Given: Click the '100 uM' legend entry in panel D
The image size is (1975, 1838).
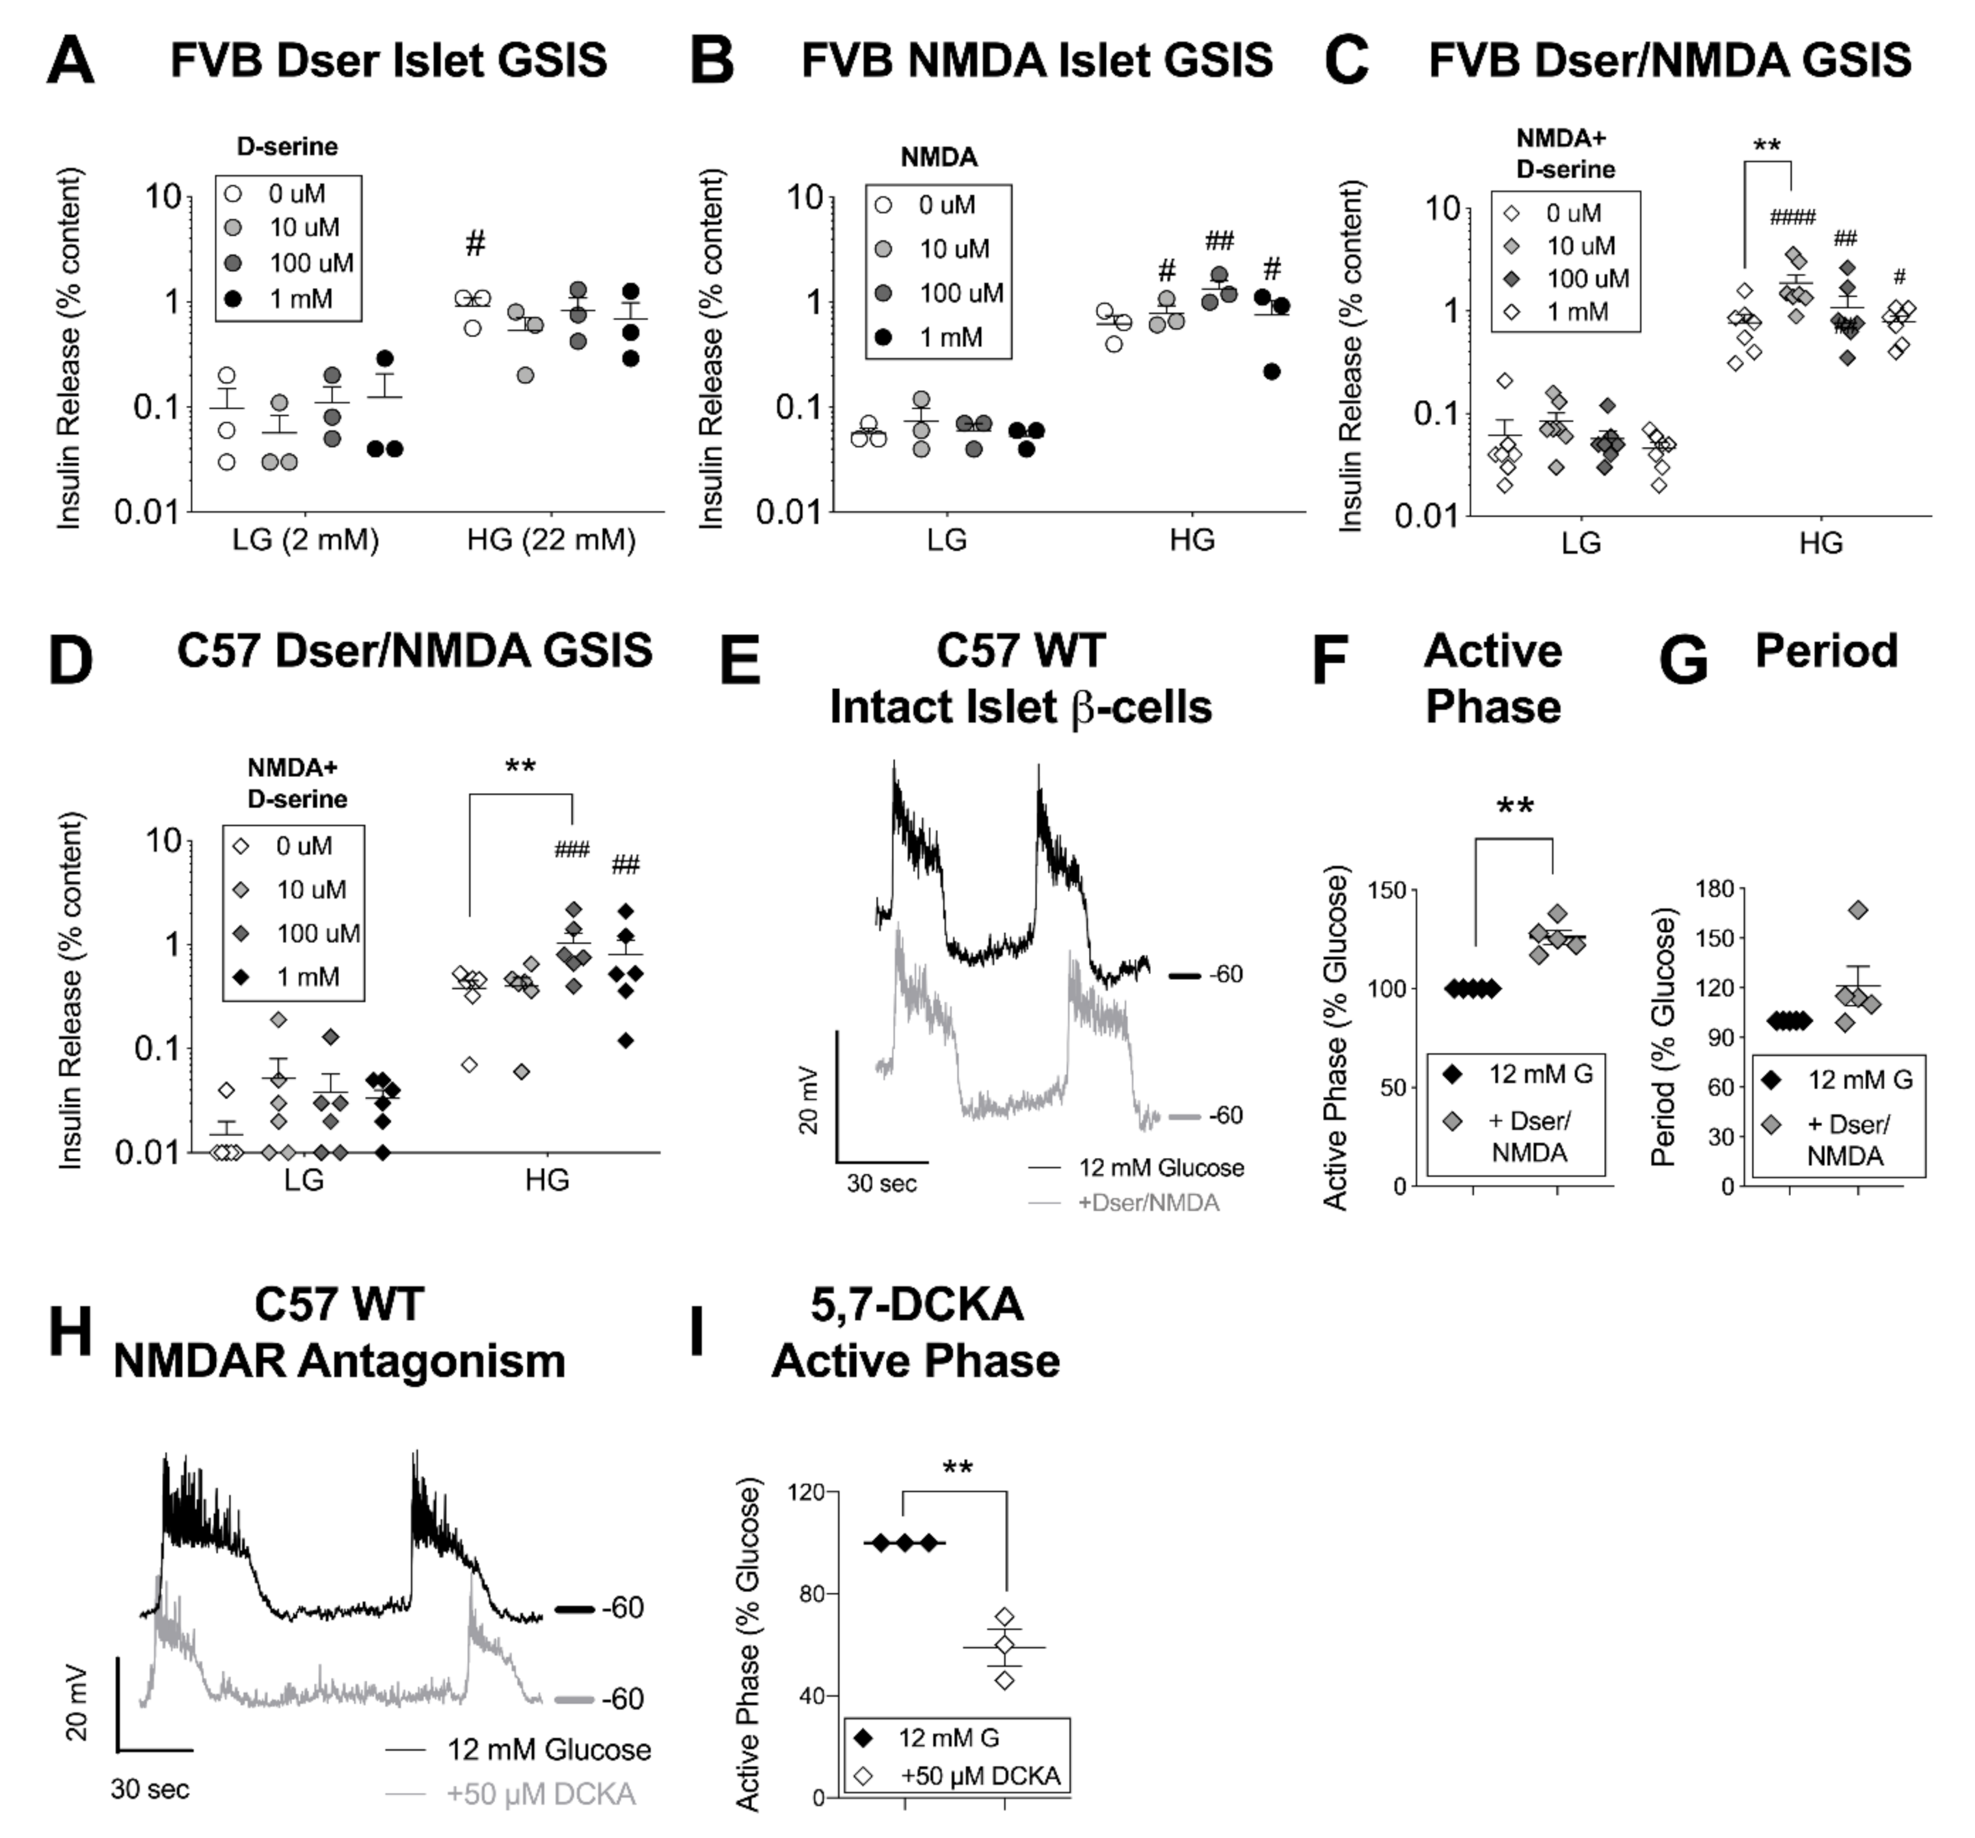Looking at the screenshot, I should coord(317,933).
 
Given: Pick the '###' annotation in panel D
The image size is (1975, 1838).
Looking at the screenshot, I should coord(572,850).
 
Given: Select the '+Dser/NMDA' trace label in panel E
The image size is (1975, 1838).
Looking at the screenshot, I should coord(1148,1203).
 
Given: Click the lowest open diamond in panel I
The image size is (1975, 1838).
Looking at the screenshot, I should coord(1004,1680).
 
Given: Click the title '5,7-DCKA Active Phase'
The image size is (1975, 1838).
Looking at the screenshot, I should coord(916,1332).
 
